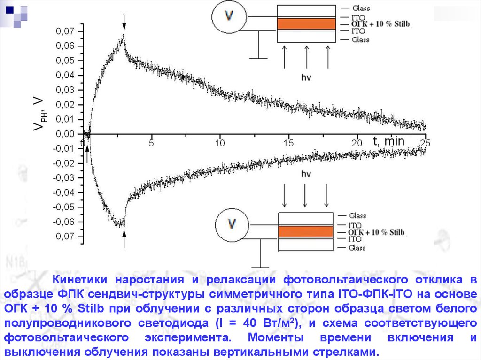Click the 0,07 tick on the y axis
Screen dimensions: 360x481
coord(65,31)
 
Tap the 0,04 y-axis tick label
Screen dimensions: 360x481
coord(65,75)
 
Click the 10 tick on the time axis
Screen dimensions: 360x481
coord(220,143)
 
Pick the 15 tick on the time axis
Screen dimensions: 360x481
coord(288,143)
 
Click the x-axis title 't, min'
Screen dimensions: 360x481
coord(389,141)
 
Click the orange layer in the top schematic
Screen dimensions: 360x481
coord(306,23)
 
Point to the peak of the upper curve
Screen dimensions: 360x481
coord(124,36)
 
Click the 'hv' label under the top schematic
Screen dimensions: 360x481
coord(306,76)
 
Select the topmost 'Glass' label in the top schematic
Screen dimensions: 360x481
coord(360,8)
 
